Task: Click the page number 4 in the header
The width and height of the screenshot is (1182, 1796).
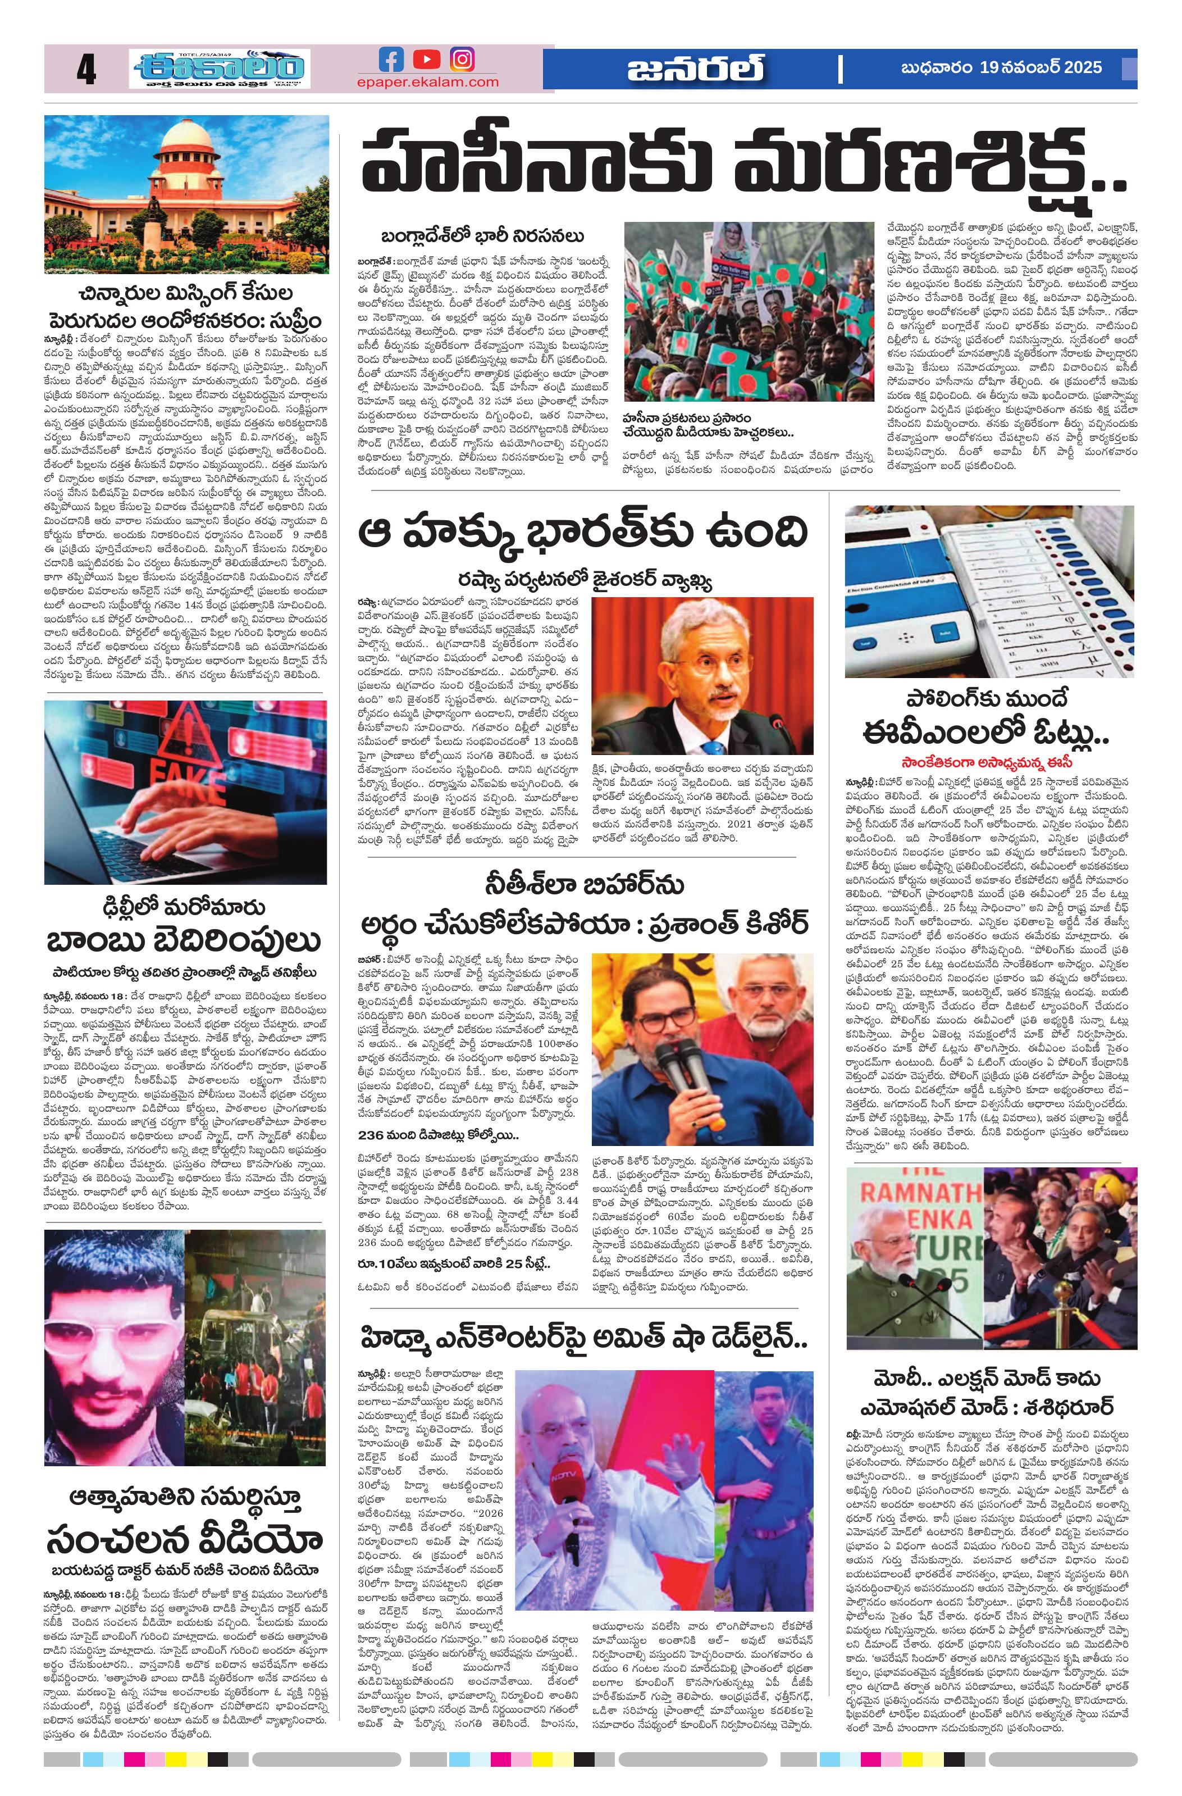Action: coord(86,71)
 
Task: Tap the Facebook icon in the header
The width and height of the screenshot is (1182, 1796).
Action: coord(391,60)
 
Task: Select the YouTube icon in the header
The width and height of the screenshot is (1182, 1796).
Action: coord(427,60)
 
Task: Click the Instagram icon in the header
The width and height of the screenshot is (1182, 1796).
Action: coord(462,60)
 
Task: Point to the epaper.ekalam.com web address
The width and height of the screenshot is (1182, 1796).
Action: coord(428,81)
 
